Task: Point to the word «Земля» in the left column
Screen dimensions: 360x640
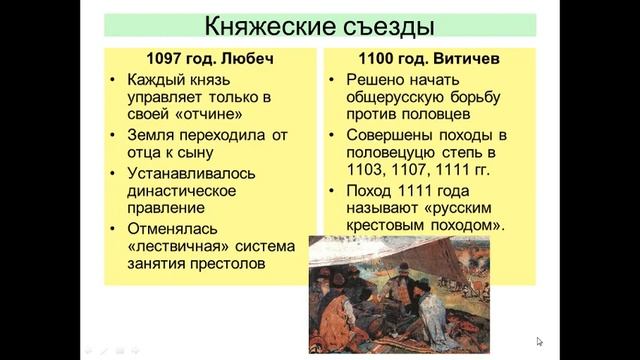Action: click(152, 134)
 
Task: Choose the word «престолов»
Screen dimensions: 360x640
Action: click(232, 266)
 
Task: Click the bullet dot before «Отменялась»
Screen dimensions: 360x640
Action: click(117, 230)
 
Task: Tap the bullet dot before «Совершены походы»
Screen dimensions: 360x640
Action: click(334, 135)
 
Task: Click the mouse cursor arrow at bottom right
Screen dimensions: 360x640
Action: click(539, 341)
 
